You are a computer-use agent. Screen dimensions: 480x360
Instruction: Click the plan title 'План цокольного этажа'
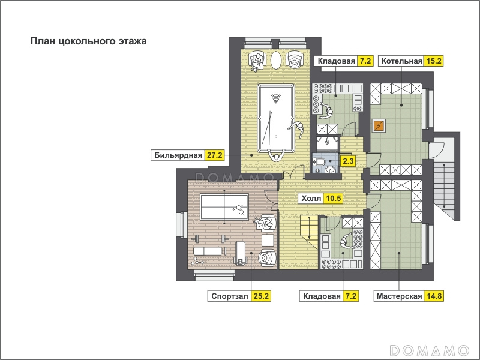point(88,41)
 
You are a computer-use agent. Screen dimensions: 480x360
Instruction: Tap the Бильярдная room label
point(178,155)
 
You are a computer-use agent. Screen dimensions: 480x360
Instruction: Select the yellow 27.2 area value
point(215,155)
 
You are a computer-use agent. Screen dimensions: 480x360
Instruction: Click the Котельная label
point(401,61)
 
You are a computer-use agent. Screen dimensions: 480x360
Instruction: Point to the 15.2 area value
point(433,61)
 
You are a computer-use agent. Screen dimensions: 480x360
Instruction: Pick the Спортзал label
point(230,296)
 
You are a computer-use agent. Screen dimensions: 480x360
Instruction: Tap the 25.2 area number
point(261,296)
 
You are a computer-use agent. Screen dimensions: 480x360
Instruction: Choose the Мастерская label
point(399,296)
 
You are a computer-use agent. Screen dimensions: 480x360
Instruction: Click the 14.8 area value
point(433,296)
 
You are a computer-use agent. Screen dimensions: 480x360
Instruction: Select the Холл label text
point(311,199)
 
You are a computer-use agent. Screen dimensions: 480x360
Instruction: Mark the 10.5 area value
point(333,199)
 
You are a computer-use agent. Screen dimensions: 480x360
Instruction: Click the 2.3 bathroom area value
point(348,161)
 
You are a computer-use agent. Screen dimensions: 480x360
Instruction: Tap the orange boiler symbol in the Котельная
point(379,125)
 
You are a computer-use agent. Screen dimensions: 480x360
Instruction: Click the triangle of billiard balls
point(276,98)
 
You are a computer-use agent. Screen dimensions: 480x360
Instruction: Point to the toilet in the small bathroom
point(319,161)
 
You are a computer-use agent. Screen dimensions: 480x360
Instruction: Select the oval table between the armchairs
point(276,60)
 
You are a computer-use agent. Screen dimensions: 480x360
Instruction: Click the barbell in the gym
point(211,238)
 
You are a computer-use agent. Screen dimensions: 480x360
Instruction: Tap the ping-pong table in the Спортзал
point(224,207)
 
